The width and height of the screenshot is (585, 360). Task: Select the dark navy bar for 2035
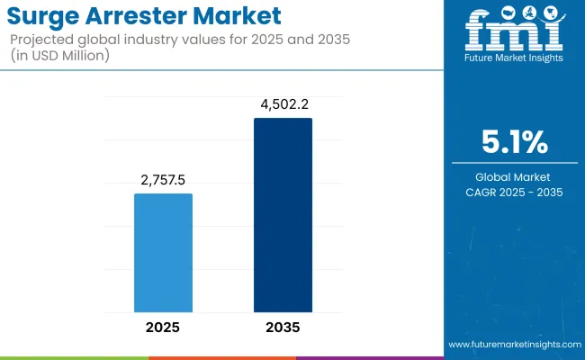click(x=283, y=215)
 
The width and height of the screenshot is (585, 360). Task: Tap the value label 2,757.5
click(x=163, y=180)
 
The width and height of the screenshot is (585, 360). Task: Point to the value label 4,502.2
click(x=283, y=104)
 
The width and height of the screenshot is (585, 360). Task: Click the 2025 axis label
click(x=163, y=328)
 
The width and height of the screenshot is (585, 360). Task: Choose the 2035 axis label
click(x=283, y=328)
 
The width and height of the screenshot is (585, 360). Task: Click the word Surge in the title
click(x=44, y=16)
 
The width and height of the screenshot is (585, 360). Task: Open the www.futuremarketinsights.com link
click(x=513, y=345)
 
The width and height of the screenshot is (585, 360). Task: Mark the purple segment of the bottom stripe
click(x=369, y=357)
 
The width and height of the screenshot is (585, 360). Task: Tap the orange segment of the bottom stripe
click(x=221, y=357)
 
